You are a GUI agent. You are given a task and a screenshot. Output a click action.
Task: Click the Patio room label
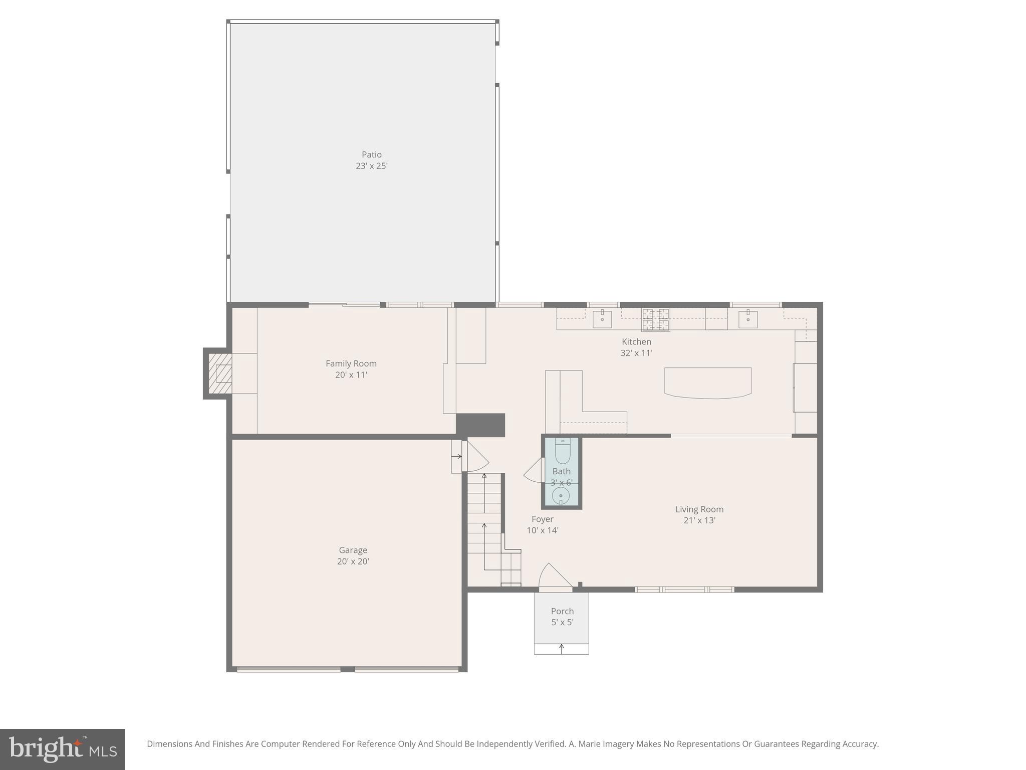pos(371,154)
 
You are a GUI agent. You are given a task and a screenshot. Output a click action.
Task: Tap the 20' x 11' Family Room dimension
pos(351,375)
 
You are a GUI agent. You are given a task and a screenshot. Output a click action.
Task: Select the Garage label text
pos(353,550)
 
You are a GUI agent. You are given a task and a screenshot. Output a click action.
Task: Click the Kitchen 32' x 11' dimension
pos(636,353)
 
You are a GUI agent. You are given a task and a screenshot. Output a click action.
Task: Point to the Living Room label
pos(699,509)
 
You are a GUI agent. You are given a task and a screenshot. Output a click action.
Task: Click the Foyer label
pos(543,519)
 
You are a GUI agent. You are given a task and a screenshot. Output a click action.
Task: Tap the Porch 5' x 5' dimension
pos(562,623)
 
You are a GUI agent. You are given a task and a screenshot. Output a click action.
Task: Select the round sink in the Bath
pos(561,496)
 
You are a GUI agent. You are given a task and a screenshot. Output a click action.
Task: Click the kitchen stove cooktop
pos(655,319)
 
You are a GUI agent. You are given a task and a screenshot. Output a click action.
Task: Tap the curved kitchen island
pos(707,383)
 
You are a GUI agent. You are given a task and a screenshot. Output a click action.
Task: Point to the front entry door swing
pos(554,576)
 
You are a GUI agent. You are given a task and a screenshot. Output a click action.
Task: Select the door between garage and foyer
pos(476,457)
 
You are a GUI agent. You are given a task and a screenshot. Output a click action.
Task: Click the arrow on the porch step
pos(562,649)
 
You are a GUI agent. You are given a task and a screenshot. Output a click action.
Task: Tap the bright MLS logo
pos(63,749)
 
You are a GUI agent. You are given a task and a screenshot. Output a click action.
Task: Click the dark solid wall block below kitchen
pos(480,425)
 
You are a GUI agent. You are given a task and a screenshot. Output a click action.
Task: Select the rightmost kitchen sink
pos(747,319)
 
